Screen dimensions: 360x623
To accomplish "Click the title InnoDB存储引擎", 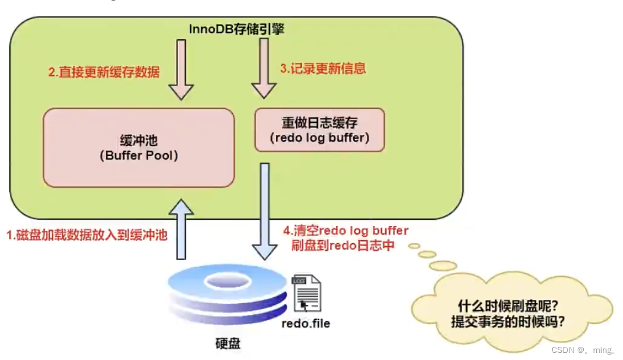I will [236, 29].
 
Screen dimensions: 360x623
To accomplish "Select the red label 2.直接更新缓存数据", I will [104, 72].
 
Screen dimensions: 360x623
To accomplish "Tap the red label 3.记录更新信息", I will [323, 68].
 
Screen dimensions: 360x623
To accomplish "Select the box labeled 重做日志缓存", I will [319, 129].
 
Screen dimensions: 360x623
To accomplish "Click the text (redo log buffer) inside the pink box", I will [319, 137].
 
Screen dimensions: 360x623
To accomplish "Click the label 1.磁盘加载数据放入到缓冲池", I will [86, 235].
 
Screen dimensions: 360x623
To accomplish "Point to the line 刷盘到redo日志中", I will [343, 245].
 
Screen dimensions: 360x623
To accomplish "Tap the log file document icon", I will [306, 293].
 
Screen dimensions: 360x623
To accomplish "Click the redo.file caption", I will [306, 323].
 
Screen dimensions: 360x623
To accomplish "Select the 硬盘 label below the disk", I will [228, 344].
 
